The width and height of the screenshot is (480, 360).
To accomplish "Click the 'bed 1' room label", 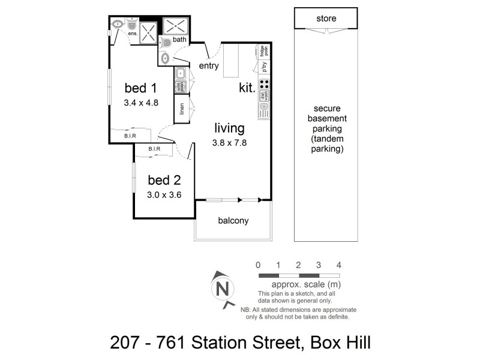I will coord(141,88).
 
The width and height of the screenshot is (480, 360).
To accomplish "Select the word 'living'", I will coord(229,128).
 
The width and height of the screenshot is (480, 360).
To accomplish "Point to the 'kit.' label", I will coord(247,88).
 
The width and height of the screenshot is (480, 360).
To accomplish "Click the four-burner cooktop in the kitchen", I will coord(264,84).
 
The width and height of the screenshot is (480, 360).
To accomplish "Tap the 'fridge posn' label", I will coord(264,50).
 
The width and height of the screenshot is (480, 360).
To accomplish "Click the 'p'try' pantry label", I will coord(264,67).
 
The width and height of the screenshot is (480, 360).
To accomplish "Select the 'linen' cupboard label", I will coord(182,109).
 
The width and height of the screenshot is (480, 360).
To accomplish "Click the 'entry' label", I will coord(208,66).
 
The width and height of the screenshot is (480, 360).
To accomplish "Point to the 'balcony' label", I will coord(232,220).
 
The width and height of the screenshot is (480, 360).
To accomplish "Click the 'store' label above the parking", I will coord(326,19).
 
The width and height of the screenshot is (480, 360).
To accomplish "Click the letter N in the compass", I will coord(223,288).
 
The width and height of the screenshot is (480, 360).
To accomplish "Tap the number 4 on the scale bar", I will coord(339,265).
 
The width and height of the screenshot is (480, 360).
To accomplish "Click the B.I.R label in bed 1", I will coord(130,136).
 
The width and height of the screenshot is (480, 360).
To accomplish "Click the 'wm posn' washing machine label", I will coord(180,86).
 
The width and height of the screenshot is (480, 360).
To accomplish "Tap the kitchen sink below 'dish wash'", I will coord(264,110).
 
